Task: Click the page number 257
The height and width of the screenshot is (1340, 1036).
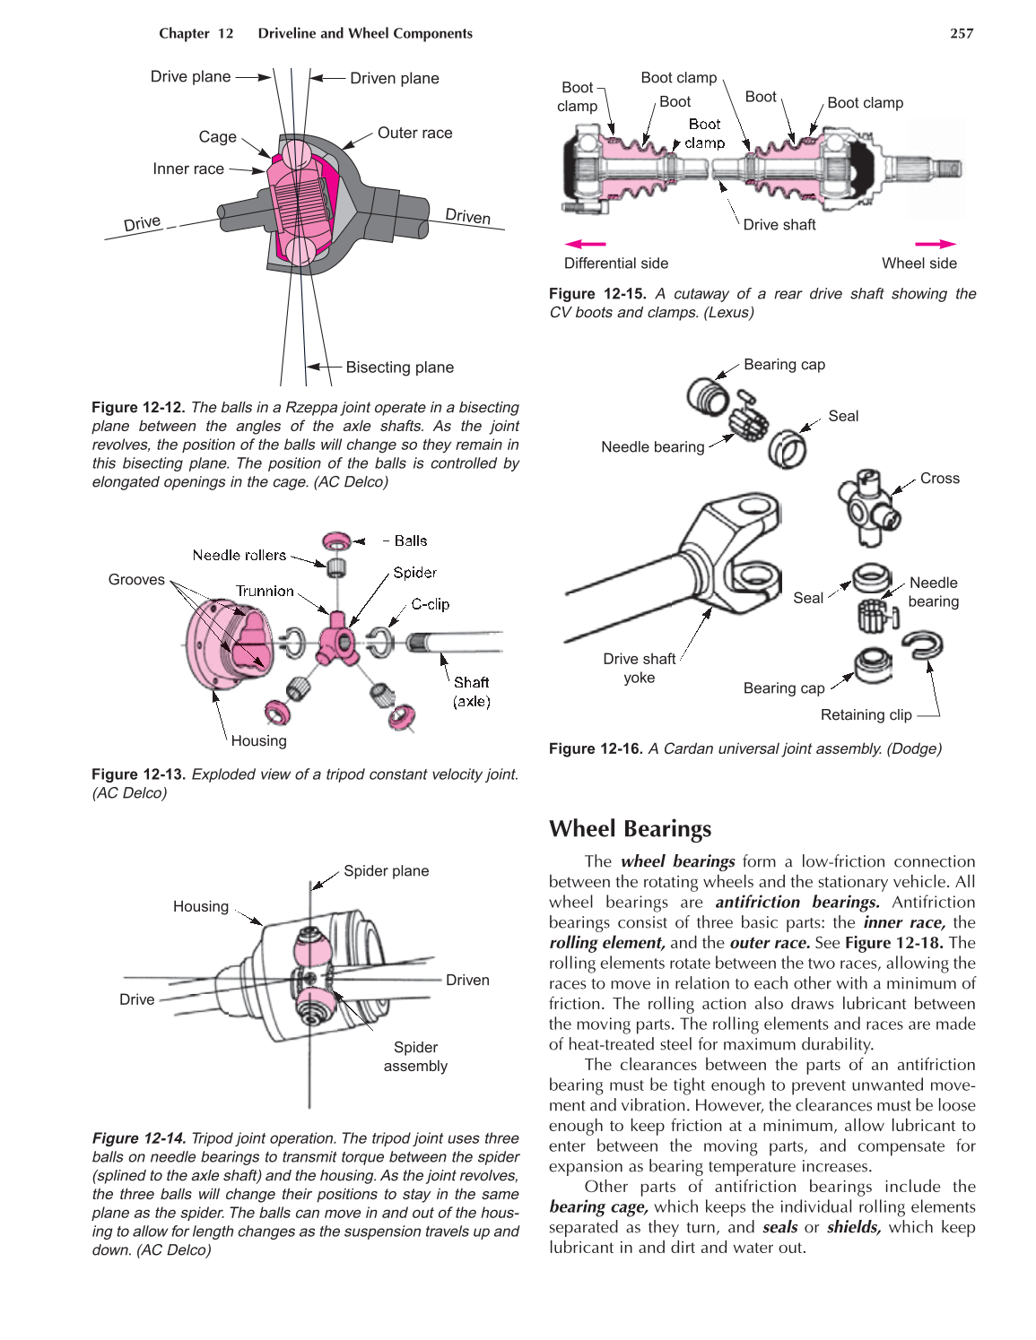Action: coord(961,33)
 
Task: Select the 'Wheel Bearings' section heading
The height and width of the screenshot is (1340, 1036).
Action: coord(630,828)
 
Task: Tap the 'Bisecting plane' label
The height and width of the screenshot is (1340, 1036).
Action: coord(399,367)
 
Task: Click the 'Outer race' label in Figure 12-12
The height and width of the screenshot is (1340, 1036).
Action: coord(414,133)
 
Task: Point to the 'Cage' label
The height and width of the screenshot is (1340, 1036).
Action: coord(218,137)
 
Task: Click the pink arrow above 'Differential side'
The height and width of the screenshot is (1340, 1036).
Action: coord(585,244)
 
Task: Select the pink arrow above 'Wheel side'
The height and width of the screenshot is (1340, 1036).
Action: coord(935,244)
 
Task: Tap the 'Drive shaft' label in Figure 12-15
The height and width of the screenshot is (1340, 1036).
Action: coord(779,225)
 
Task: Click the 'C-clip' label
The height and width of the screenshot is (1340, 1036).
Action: coord(431,604)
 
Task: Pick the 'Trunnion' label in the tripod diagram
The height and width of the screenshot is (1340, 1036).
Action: coord(265,591)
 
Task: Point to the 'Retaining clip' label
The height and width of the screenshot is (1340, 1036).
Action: coord(866,715)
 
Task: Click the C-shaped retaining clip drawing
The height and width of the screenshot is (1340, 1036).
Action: coord(922,644)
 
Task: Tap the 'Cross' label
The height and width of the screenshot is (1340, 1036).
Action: coord(939,479)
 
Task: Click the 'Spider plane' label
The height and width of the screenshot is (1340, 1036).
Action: coord(386,871)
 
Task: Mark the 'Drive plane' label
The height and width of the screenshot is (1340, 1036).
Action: coord(190,77)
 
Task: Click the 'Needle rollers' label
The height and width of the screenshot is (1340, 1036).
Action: coord(239,556)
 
